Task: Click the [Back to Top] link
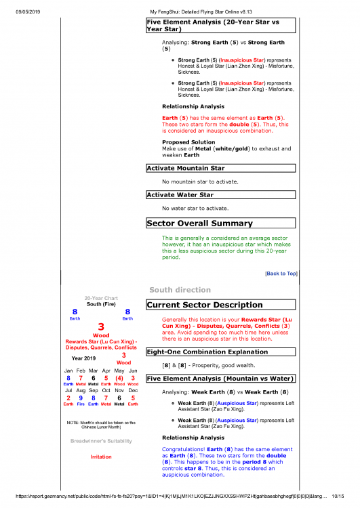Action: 281,274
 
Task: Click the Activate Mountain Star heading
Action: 186,167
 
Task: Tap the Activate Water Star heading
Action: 180,194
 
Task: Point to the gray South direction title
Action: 175,290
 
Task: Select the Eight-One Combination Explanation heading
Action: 207,352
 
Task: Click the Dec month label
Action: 133,391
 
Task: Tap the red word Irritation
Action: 100,457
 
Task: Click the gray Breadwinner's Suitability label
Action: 100,442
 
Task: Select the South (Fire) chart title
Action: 100,304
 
